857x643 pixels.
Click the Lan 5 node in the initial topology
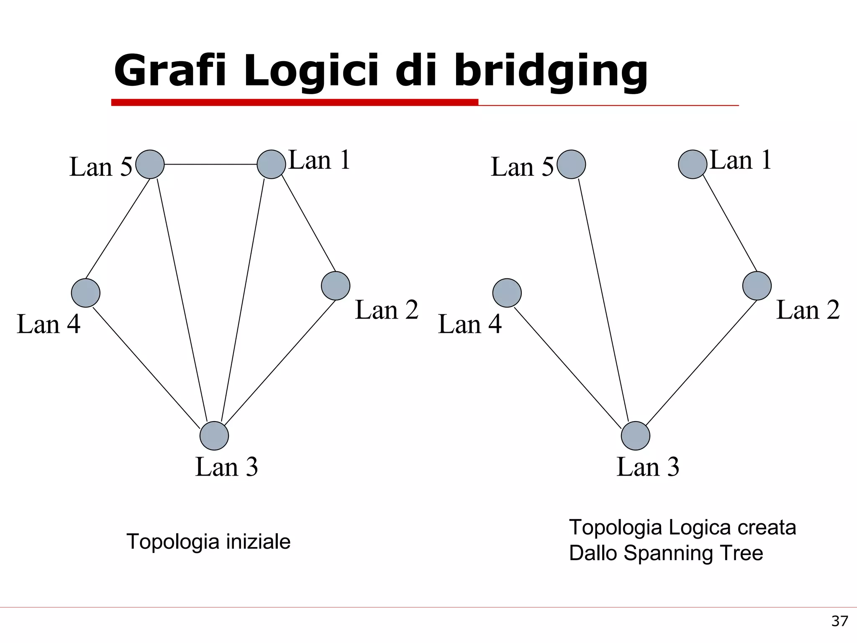[150, 164]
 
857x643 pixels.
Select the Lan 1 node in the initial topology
[271, 164]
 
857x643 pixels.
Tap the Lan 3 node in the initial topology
[214, 436]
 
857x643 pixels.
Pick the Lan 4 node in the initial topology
[86, 293]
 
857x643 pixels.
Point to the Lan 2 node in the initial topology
[336, 286]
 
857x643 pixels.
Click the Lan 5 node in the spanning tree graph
[571, 164]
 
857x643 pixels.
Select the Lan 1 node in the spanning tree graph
[693, 164]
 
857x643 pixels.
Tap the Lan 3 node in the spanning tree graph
[636, 436]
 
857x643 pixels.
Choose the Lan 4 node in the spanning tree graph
[507, 293]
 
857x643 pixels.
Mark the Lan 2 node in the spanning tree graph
[757, 286]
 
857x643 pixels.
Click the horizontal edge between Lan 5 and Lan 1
[210, 164]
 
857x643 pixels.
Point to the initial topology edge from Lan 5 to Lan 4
[118, 229]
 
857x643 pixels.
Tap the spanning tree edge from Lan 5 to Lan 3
[603, 300]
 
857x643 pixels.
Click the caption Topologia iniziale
[208, 541]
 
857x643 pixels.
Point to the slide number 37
[839, 621]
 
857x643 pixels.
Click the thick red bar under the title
[295, 102]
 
